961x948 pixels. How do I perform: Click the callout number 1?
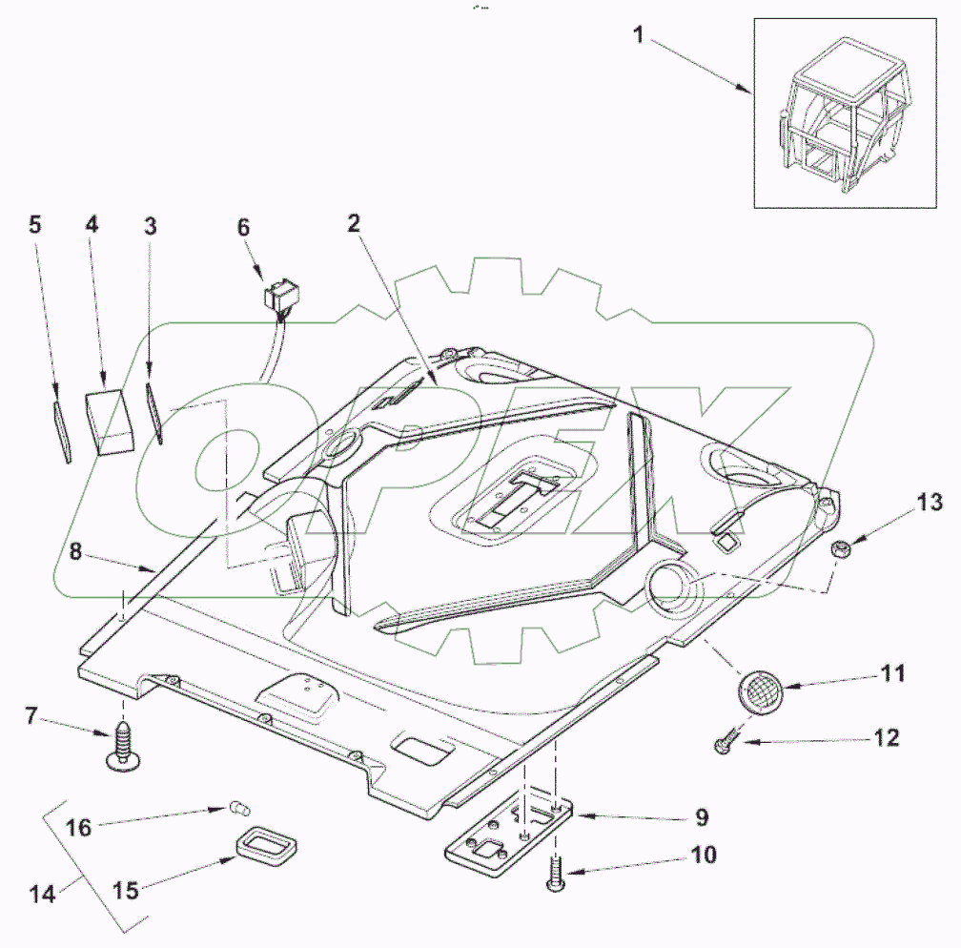[639, 35]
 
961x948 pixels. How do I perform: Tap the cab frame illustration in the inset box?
[842, 113]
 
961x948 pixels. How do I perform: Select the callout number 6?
[243, 227]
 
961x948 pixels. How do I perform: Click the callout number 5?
[35, 224]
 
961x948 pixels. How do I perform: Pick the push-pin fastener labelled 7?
[123, 745]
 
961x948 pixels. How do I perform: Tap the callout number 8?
[74, 551]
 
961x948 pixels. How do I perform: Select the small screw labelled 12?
[725, 740]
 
